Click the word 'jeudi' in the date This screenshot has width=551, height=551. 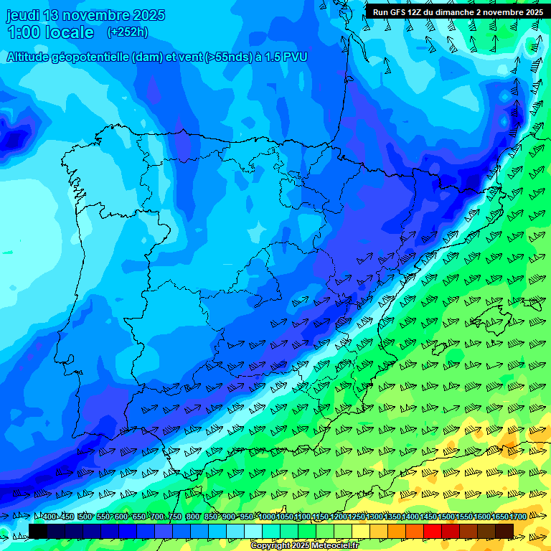[x=23, y=15]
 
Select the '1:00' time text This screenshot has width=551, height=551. [x=24, y=32]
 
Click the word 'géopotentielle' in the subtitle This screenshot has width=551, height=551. [x=95, y=57]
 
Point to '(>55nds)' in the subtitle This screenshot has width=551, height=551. [x=227, y=57]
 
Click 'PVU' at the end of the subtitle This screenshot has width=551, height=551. [x=295, y=57]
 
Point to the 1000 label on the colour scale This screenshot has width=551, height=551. [x=267, y=517]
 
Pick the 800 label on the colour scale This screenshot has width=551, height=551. [x=192, y=517]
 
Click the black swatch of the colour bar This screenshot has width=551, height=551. [x=38, y=531]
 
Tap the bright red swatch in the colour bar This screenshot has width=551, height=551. [x=433, y=531]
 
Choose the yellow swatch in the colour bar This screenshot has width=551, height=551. [x=361, y=531]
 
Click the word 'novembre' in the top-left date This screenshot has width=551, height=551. [x=93, y=15]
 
